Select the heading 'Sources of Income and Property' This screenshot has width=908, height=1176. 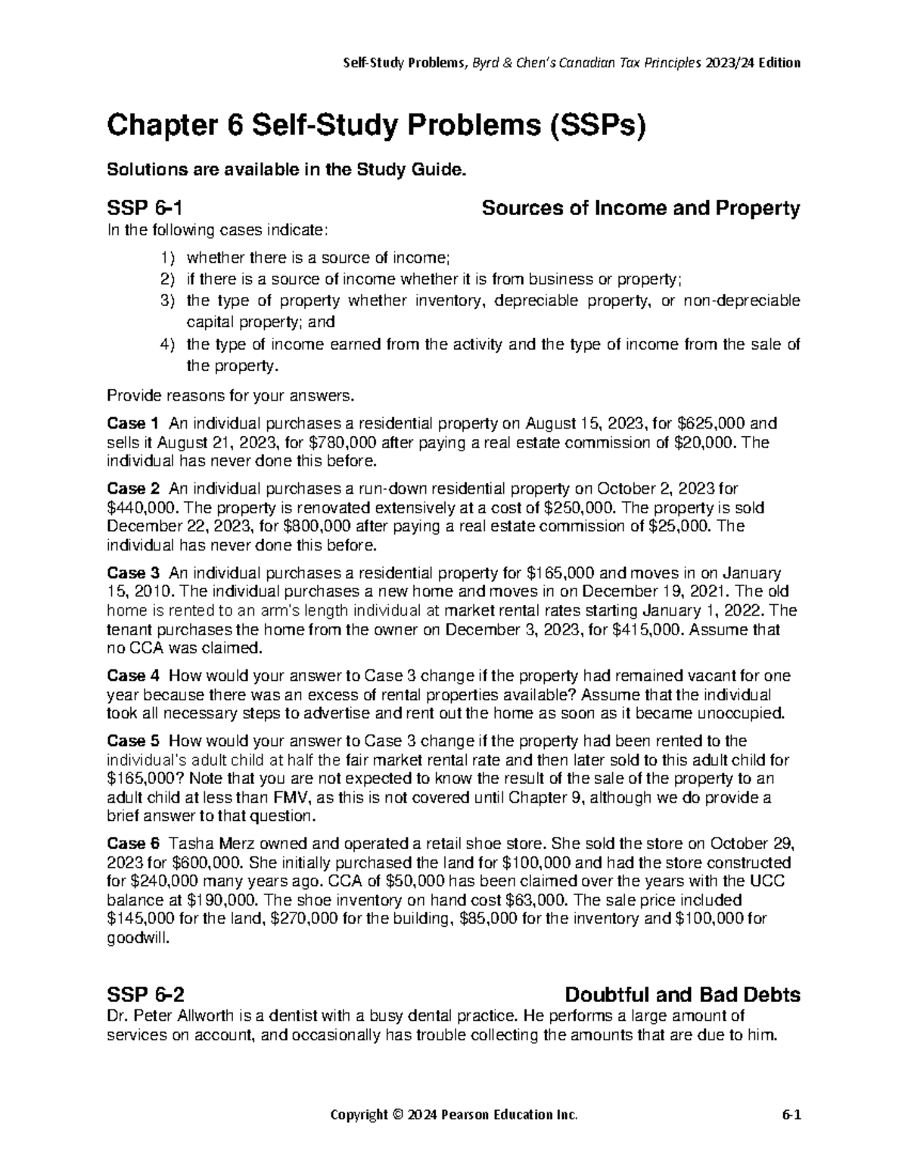pos(640,208)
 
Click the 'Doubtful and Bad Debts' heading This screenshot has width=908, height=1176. pos(683,994)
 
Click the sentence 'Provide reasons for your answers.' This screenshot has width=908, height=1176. pos(230,395)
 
